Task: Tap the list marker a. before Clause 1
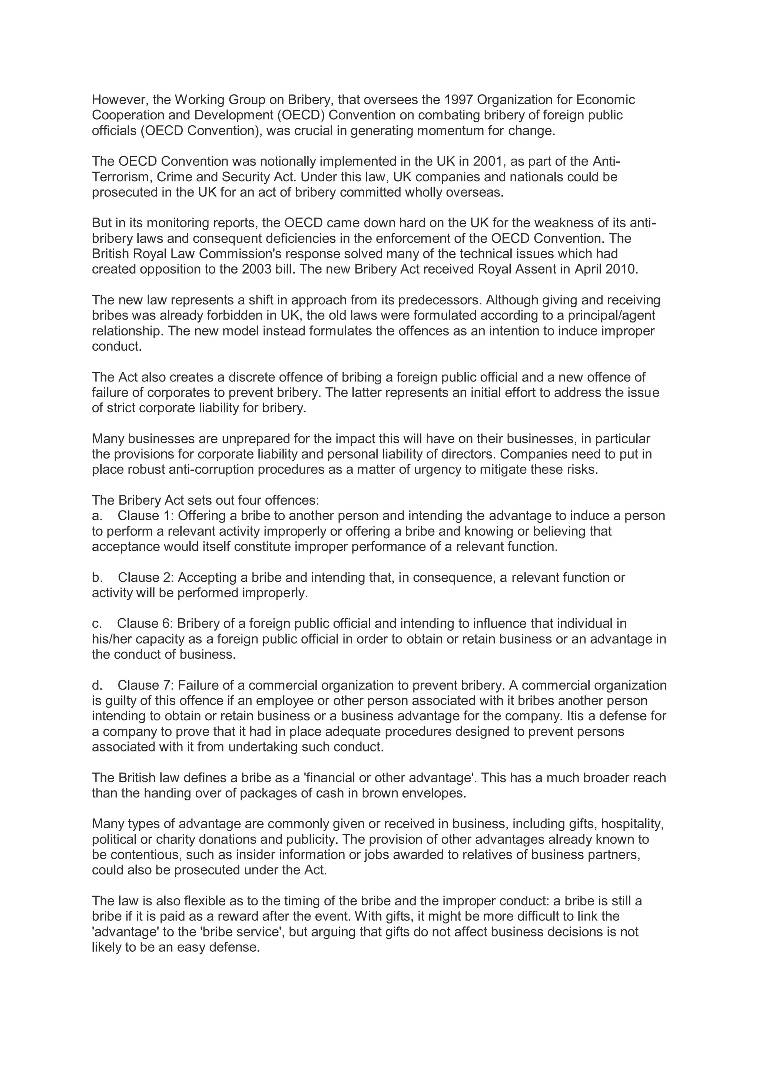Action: click(x=97, y=516)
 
